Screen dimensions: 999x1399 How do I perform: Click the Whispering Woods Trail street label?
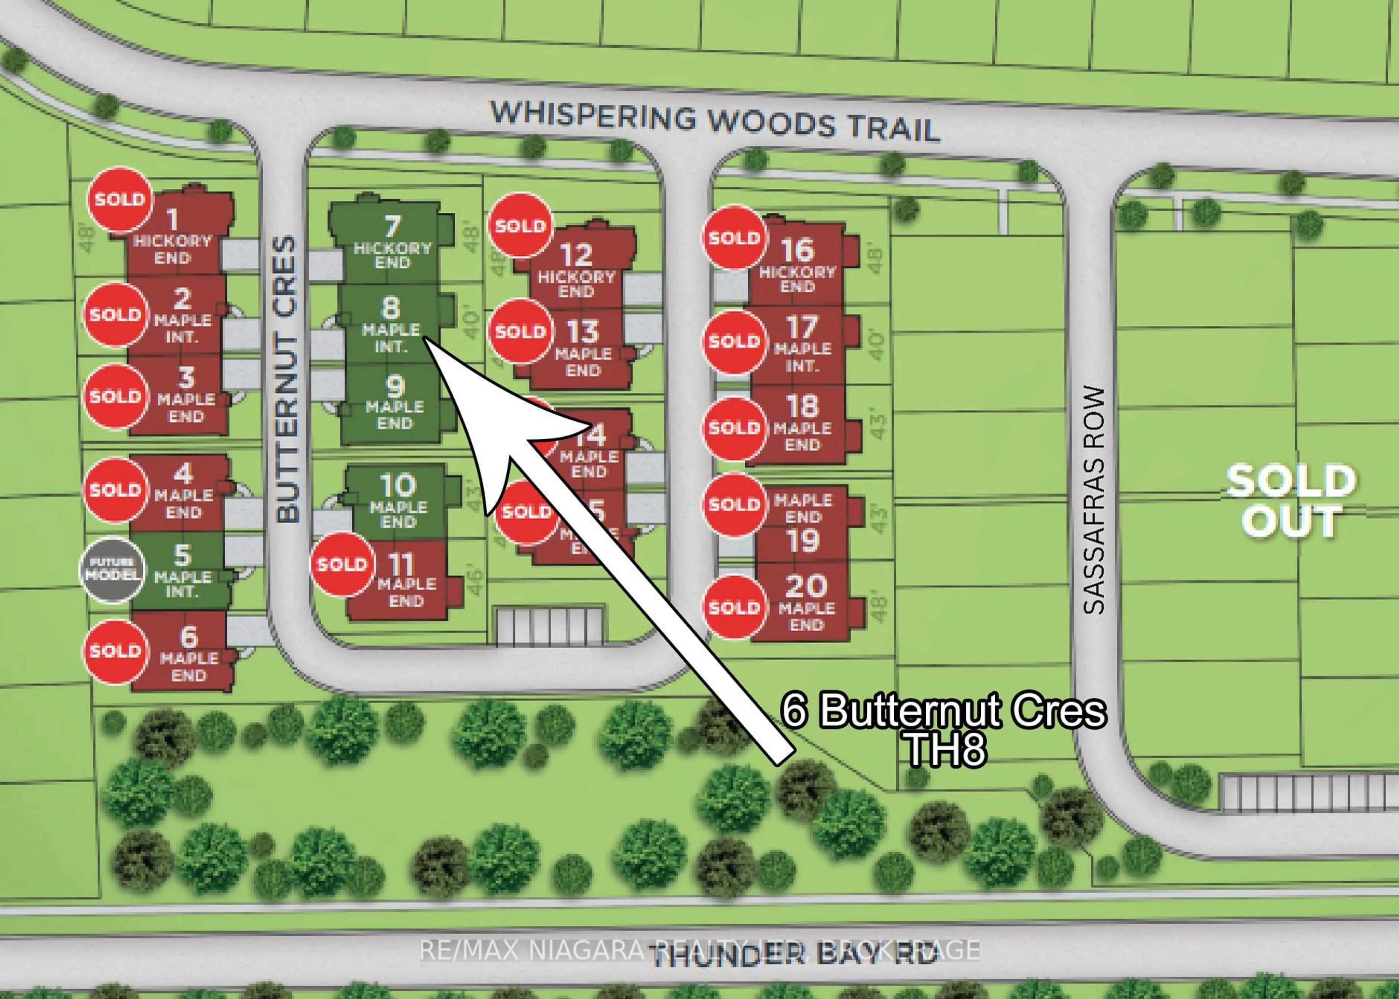point(714,121)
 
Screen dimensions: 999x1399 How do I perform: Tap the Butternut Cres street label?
point(287,379)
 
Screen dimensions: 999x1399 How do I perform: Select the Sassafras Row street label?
point(1094,500)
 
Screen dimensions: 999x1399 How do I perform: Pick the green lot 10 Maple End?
point(398,502)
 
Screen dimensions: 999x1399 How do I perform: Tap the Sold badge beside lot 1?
point(120,199)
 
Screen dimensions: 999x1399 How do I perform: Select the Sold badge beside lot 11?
point(343,564)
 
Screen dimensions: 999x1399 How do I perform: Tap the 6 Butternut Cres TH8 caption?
point(944,729)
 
